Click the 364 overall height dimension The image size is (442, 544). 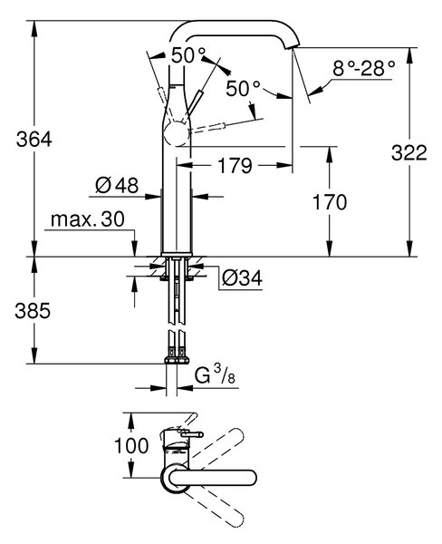pyautogui.click(x=34, y=140)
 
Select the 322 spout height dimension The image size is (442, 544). pyautogui.click(x=409, y=152)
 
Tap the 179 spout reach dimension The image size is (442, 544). pyautogui.click(x=235, y=166)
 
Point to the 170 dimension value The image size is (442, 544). pyautogui.click(x=330, y=202)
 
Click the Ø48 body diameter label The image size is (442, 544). pyautogui.click(x=117, y=185)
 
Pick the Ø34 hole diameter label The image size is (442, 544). pyautogui.click(x=242, y=278)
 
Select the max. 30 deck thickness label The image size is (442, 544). pyautogui.click(x=87, y=219)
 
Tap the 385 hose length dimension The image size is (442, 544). pyautogui.click(x=33, y=310)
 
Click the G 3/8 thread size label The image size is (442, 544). pyautogui.click(x=215, y=375)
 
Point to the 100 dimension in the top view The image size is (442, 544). pyautogui.click(x=131, y=446)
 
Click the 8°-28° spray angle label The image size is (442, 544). pyautogui.click(x=363, y=68)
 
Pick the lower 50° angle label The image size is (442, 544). pyautogui.click(x=243, y=89)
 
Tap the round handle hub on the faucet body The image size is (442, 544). pyautogui.click(x=178, y=134)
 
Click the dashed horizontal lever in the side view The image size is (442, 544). pyautogui.click(x=207, y=127)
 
